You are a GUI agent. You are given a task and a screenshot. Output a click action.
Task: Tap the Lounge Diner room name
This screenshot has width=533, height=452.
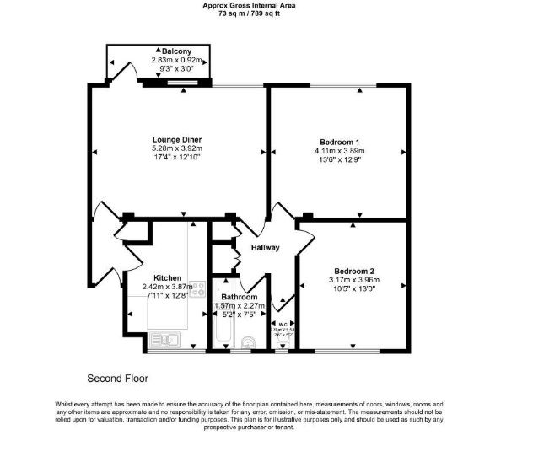pos(176,139)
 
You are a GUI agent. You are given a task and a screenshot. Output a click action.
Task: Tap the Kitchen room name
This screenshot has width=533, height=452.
pos(167,277)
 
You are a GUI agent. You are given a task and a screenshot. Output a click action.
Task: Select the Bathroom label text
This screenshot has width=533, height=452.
pos(239,297)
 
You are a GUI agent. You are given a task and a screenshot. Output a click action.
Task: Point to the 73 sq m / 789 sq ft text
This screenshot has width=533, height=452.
pos(261,13)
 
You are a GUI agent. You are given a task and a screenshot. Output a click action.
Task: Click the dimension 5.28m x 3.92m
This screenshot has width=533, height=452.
pos(176,148)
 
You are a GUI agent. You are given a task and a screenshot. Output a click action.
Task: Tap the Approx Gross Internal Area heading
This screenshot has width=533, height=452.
pos(261,5)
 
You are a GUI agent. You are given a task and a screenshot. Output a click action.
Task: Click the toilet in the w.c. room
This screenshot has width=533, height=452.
pos(281,342)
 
